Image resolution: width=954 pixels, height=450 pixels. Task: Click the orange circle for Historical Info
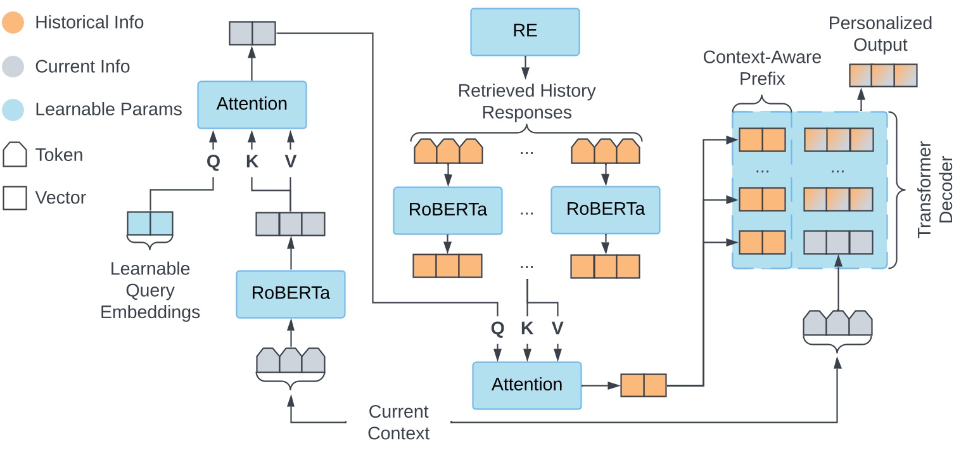pyautogui.click(x=14, y=23)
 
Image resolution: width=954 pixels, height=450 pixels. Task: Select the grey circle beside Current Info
pyautogui.click(x=14, y=67)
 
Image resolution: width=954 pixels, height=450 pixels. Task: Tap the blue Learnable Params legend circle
pyautogui.click(x=14, y=110)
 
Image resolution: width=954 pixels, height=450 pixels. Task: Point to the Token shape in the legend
pyautogui.click(x=15, y=154)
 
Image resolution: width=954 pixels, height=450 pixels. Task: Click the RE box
pyautogui.click(x=525, y=31)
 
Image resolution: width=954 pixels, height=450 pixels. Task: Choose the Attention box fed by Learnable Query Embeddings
pyautogui.click(x=252, y=104)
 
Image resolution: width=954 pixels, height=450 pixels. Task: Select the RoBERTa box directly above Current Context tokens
pyautogui.click(x=291, y=294)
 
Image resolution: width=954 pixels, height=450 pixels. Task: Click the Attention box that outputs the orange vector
pyautogui.click(x=527, y=385)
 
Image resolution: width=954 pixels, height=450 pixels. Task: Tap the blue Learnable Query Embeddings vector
pyautogui.click(x=150, y=224)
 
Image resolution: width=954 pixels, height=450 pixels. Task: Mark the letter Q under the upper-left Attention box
pyautogui.click(x=213, y=162)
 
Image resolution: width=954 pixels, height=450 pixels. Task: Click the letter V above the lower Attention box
pyautogui.click(x=557, y=328)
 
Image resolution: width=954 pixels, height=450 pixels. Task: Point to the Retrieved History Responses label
pyautogui.click(x=526, y=102)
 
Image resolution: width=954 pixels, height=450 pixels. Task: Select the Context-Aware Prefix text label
pyautogui.click(x=762, y=68)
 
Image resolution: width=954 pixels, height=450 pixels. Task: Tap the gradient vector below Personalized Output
pyautogui.click(x=883, y=75)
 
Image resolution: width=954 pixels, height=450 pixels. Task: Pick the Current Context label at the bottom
pyautogui.click(x=398, y=423)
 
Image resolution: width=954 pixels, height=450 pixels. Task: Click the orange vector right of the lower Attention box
pyautogui.click(x=644, y=385)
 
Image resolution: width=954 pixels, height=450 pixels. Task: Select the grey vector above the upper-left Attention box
pyautogui.click(x=252, y=33)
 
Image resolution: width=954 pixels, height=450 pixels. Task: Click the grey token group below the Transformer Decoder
pyautogui.click(x=838, y=323)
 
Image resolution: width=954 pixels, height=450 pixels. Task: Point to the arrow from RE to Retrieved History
pyautogui.click(x=525, y=67)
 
